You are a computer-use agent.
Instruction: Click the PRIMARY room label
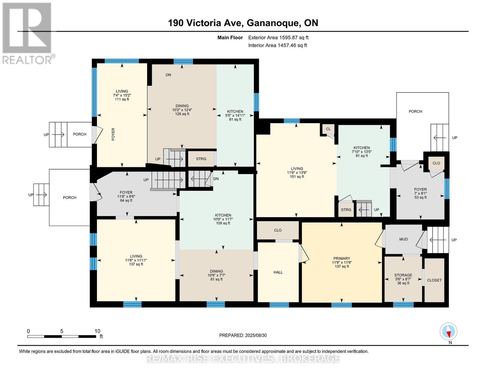[x=341, y=258]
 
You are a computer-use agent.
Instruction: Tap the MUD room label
[x=403, y=239]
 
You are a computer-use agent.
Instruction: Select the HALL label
[x=278, y=272]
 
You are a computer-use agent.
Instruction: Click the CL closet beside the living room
[x=328, y=129]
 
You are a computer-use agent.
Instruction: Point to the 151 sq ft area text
[x=297, y=177]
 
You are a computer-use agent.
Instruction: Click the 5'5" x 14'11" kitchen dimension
[x=235, y=116]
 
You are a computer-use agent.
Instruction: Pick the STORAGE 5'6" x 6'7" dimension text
[x=403, y=279]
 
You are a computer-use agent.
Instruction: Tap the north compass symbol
[x=448, y=332]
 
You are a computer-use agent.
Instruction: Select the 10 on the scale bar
[x=97, y=331]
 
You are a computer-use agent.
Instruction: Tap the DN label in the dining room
[x=168, y=75]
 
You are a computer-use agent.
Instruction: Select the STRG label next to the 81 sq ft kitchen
[x=201, y=159]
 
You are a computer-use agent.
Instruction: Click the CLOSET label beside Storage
[x=434, y=280]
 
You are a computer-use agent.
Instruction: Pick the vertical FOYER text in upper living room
[x=113, y=134]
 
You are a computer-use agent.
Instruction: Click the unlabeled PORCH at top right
[x=415, y=111]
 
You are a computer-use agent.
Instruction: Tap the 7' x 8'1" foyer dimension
[x=421, y=194]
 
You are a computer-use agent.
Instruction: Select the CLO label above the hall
[x=278, y=230]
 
